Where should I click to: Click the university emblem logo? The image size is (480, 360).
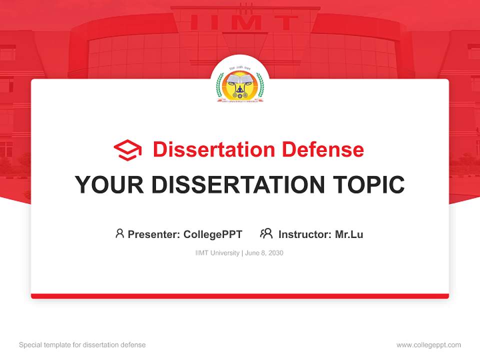coord(239,86)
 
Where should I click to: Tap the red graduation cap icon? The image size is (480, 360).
coord(127,150)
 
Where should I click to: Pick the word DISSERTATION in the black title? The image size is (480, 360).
coord(235,185)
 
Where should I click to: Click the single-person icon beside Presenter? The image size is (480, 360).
coord(119,233)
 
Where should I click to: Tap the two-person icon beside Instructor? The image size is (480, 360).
coord(266,233)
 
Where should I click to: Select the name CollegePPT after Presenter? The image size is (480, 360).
coord(213,234)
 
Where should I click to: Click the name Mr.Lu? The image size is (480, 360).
coord(349,234)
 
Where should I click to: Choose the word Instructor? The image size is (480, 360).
coord(305,234)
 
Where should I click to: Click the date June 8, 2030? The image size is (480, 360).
coord(264,253)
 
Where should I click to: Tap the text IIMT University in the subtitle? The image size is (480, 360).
coord(217,253)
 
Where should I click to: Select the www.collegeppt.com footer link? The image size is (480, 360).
coord(428,345)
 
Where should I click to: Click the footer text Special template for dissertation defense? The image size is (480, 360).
coord(82,345)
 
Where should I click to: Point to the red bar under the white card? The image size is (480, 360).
coord(240,296)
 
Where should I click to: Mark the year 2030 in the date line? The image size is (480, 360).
coord(275,253)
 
